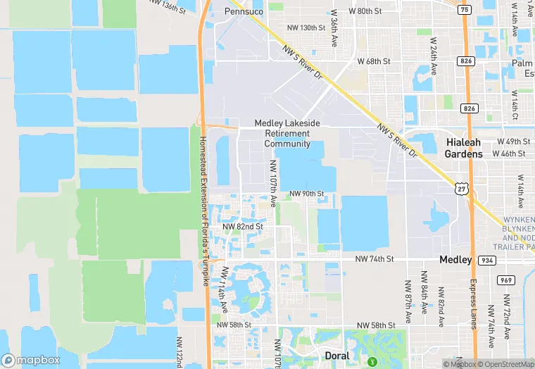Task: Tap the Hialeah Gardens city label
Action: (x=464, y=148)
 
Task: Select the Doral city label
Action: (x=336, y=356)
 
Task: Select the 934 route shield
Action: (x=485, y=260)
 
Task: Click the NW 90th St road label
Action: (x=306, y=194)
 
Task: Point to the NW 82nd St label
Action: (x=242, y=227)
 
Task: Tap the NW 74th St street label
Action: (x=374, y=259)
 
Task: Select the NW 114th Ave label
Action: (x=224, y=289)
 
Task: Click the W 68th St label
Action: (x=374, y=61)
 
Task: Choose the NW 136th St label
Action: (x=168, y=6)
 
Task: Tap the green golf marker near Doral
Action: (x=372, y=362)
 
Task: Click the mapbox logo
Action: (x=31, y=360)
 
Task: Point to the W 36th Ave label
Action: (x=334, y=28)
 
